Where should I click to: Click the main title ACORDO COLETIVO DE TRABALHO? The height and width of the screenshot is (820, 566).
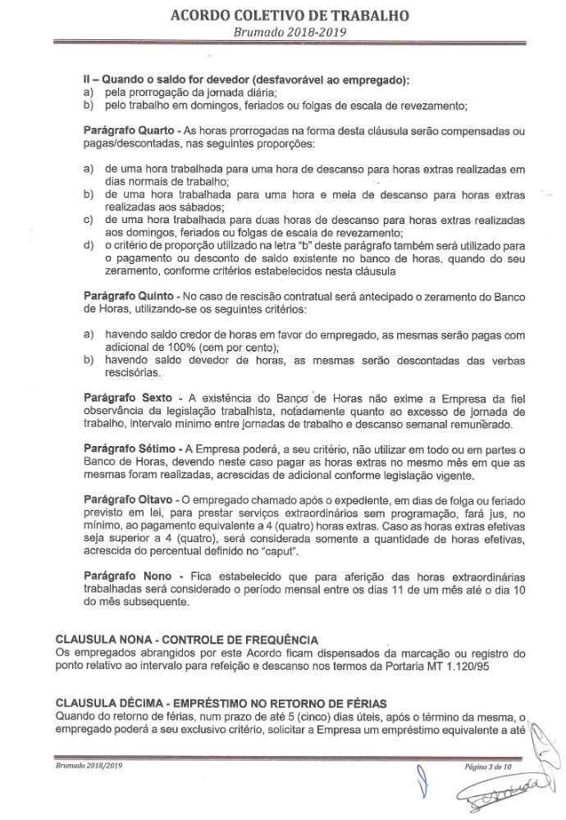click(286, 15)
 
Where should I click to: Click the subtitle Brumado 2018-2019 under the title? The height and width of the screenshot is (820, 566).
click(286, 32)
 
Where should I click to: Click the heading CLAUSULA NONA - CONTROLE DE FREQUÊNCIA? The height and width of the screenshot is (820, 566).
click(186, 639)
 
